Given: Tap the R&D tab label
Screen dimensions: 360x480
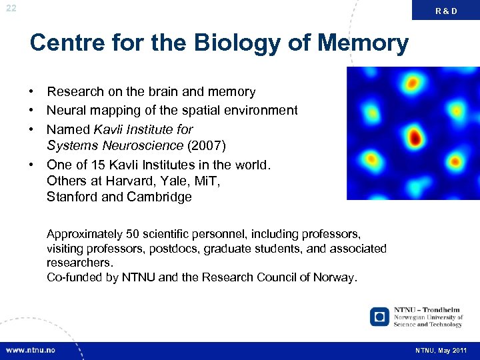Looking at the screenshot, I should (x=447, y=11).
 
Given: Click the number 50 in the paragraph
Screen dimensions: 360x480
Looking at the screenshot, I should (x=133, y=234).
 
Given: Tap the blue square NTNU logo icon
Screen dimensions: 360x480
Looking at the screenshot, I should (x=380, y=316).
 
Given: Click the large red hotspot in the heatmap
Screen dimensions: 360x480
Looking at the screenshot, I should (x=415, y=138).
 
